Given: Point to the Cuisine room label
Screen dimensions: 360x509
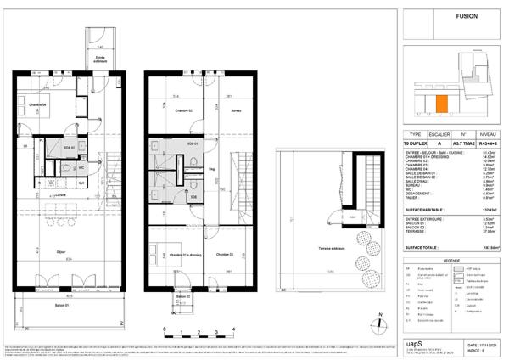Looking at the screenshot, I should pos(62,194).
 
